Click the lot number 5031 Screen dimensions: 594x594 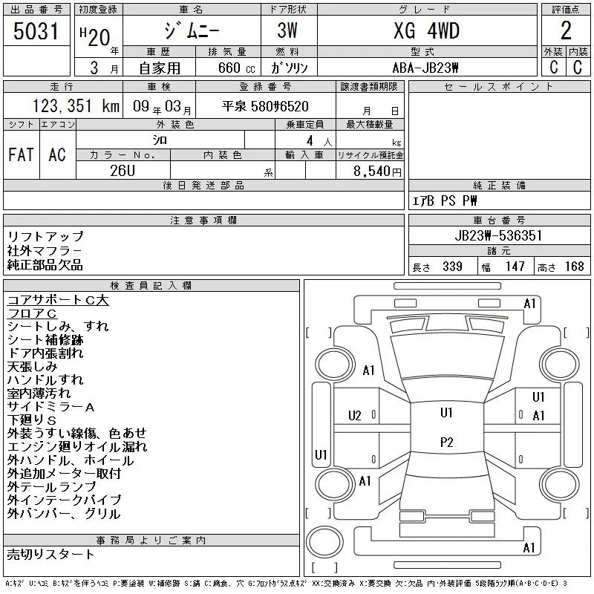click(x=36, y=31)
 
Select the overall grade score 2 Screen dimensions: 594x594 click(x=566, y=30)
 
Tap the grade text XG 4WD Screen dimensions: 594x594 click(x=426, y=30)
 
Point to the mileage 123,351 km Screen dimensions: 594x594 click(x=76, y=105)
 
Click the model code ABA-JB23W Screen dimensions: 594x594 click(x=425, y=68)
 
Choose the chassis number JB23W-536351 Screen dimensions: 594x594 click(x=498, y=235)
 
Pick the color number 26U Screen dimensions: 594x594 click(x=123, y=171)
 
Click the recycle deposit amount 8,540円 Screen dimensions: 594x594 click(x=377, y=172)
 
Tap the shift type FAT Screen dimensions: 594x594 click(x=21, y=154)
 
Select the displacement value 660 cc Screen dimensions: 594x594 click(x=236, y=68)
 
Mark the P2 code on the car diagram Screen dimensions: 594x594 click(x=447, y=443)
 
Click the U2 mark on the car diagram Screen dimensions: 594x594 click(x=355, y=416)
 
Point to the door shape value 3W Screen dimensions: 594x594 click(x=287, y=30)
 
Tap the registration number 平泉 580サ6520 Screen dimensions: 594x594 click(x=265, y=106)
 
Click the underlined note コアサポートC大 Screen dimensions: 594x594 click(x=58, y=300)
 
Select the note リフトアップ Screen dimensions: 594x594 click(x=45, y=236)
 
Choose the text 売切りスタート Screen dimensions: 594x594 click(x=50, y=554)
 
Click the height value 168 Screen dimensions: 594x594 click(x=574, y=267)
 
